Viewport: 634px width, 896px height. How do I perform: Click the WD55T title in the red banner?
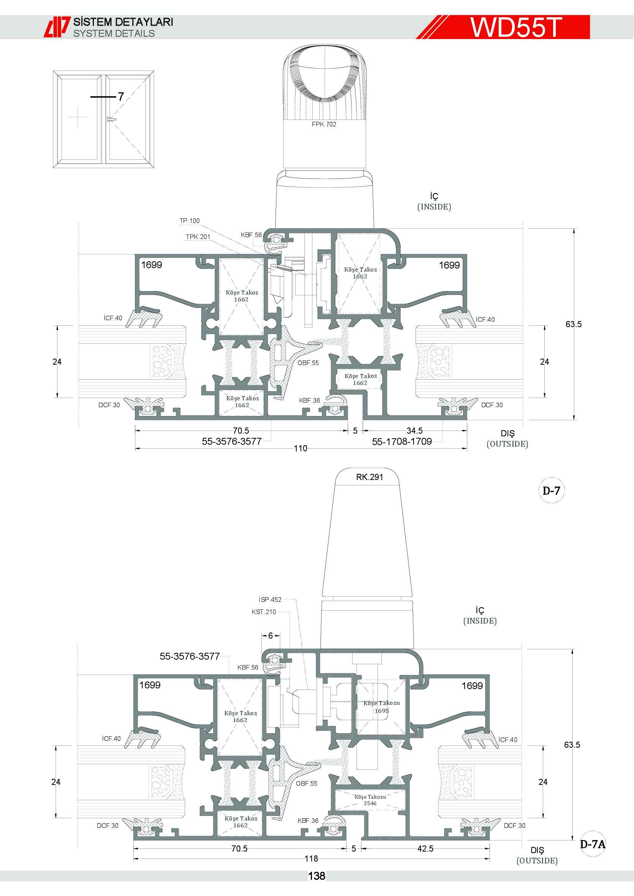(516, 27)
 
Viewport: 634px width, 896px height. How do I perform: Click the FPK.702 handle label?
(324, 124)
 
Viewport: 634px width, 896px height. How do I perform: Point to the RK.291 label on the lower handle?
(369, 477)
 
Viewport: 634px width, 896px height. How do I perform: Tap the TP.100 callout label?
(189, 221)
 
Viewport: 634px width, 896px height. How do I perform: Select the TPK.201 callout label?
(197, 237)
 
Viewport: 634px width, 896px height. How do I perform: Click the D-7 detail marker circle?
(551, 491)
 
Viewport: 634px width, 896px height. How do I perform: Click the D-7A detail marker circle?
(593, 844)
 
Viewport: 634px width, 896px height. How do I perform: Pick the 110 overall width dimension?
(301, 449)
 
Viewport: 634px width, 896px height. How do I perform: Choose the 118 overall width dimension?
(311, 858)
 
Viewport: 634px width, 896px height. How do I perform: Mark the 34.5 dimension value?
(415, 431)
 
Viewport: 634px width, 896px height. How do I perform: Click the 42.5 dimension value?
(425, 848)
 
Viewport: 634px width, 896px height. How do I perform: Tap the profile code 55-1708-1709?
(402, 441)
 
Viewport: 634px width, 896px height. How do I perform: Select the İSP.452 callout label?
(270, 600)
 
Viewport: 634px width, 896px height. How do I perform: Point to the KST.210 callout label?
(263, 612)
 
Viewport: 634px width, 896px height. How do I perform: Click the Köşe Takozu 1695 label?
(381, 707)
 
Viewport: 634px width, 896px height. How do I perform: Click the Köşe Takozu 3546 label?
(370, 800)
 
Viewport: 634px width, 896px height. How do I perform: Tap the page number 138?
(317, 876)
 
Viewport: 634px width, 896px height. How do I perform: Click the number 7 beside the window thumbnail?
(121, 97)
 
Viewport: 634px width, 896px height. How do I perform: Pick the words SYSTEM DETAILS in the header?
(114, 34)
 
